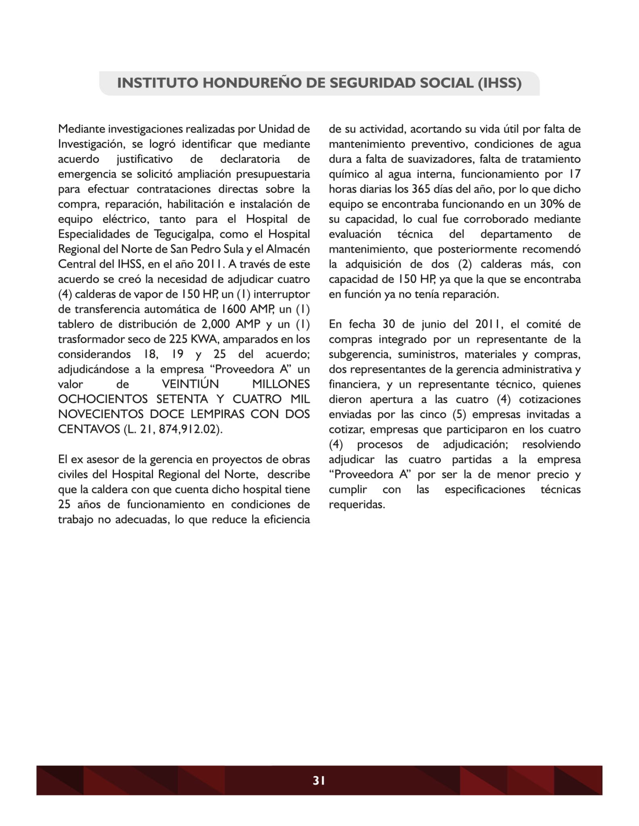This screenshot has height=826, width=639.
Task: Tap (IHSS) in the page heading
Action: coord(499,83)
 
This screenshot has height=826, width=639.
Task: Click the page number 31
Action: coord(319,780)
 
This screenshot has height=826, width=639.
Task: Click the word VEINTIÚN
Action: coord(190,384)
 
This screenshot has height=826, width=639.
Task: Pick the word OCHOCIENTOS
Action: coord(103,399)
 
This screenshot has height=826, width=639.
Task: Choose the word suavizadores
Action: coord(438,159)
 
